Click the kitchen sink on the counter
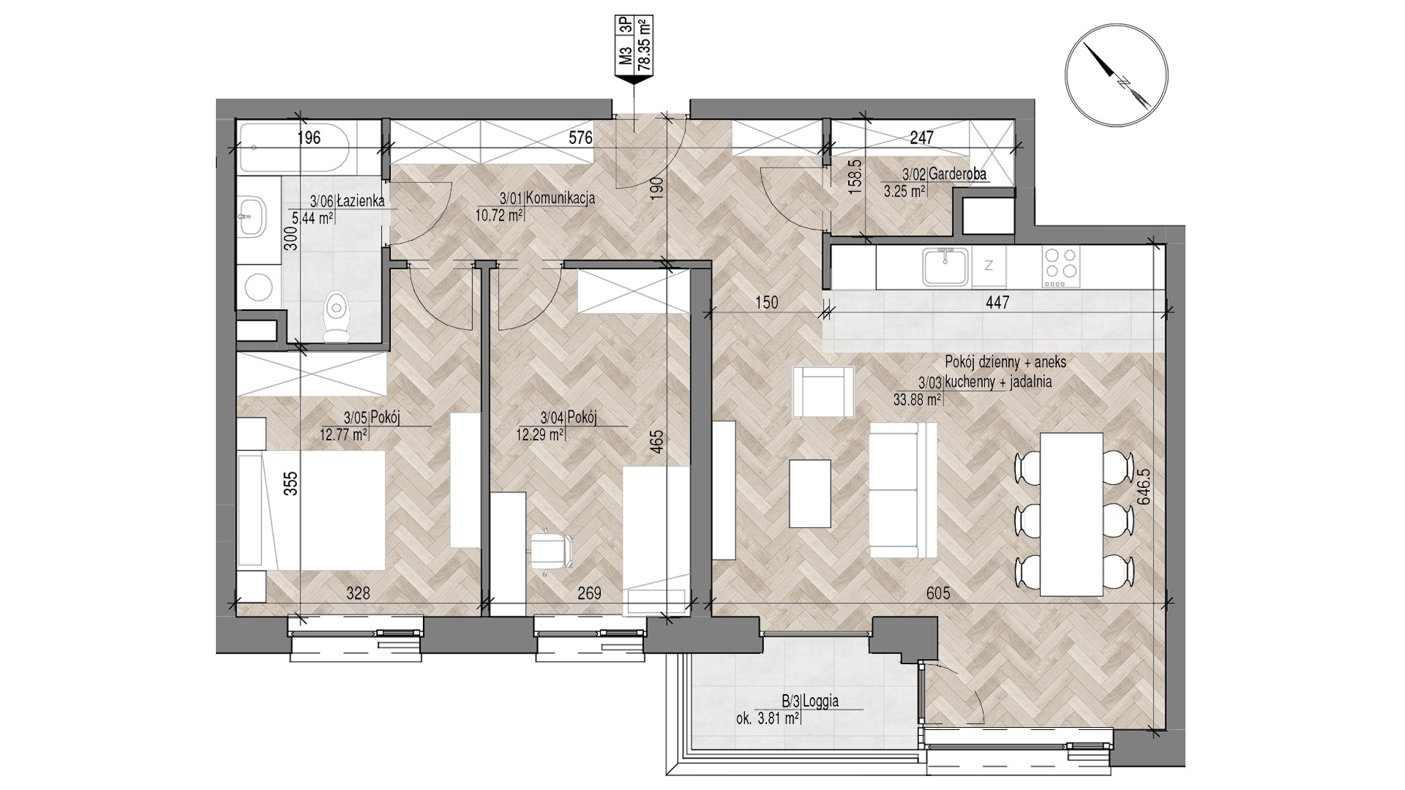(947, 266)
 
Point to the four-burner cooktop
(1060, 266)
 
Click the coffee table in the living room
(810, 493)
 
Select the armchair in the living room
(824, 391)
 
